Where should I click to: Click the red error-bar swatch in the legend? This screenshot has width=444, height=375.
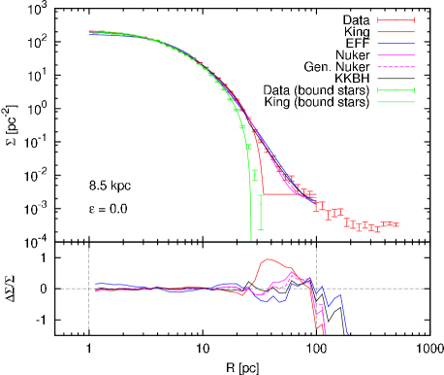(x=396, y=19)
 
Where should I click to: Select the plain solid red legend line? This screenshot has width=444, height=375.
(x=396, y=31)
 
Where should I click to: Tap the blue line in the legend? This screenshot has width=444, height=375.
(x=396, y=44)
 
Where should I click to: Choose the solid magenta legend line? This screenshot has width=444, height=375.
(x=396, y=55)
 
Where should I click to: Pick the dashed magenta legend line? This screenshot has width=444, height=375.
(x=396, y=67)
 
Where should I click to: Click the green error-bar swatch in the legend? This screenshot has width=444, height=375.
(x=396, y=90)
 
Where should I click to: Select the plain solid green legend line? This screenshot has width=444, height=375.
(x=396, y=102)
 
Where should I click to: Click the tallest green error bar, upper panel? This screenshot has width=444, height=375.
(x=260, y=212)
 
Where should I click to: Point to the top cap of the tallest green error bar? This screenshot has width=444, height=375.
(x=260, y=195)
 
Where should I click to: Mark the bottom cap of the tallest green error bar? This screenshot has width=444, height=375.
(x=260, y=229)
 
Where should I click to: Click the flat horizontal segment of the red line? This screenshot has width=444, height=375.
(x=286, y=194)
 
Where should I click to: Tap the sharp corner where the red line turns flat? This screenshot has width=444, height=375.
(x=265, y=194)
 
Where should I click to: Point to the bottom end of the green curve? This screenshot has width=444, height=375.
(x=251, y=238)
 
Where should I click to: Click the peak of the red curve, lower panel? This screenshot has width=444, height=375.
(x=270, y=259)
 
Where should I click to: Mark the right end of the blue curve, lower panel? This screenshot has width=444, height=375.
(x=347, y=334)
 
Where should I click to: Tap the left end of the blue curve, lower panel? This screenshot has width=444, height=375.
(x=95, y=284)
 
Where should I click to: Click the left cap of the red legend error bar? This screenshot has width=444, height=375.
(x=378, y=19)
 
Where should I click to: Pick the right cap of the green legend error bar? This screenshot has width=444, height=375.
(x=414, y=90)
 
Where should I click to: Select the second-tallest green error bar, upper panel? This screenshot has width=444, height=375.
(x=254, y=176)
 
